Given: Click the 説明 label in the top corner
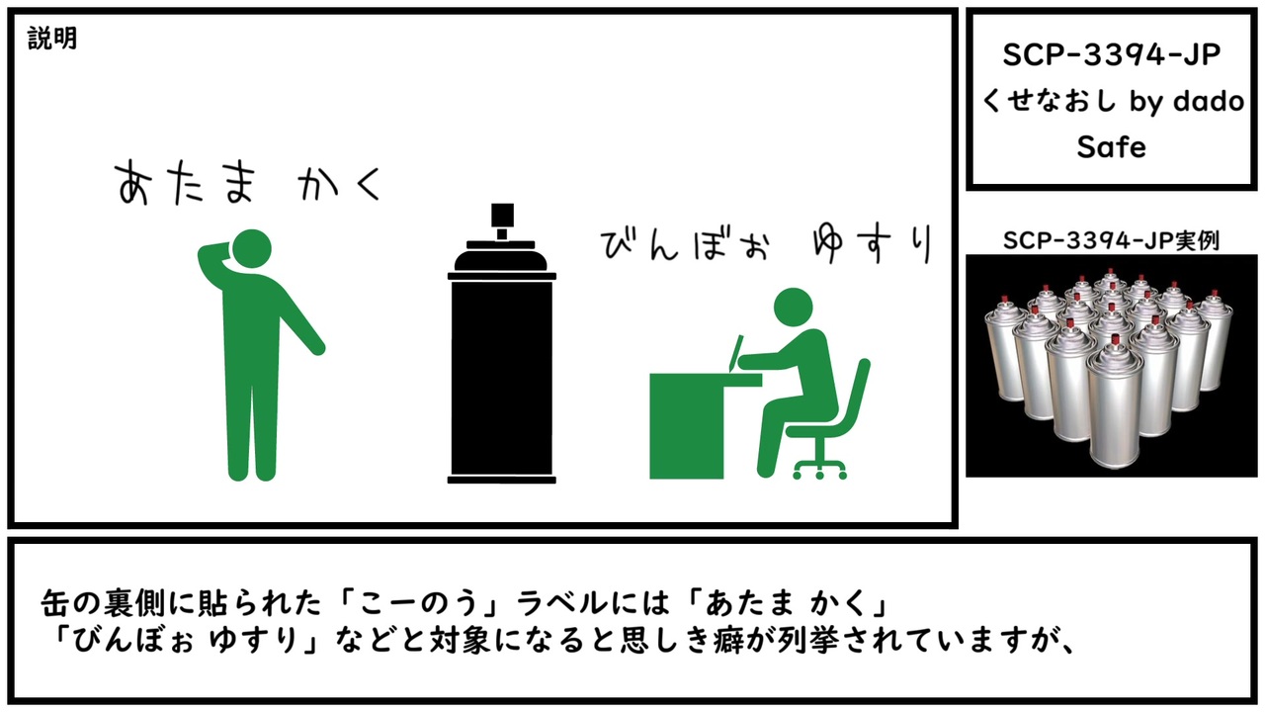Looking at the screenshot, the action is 52,39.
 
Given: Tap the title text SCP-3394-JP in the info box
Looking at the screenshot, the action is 1111,54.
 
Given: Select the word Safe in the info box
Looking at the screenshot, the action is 1111,147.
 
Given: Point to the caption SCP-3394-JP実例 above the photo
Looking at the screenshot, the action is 1111,240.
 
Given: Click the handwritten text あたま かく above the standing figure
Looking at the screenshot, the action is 249,182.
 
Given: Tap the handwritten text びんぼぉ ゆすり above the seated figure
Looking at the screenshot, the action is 766,244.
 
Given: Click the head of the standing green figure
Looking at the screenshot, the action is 252,248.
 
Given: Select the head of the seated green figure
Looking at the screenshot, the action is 793,308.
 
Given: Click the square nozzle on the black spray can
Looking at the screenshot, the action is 502,215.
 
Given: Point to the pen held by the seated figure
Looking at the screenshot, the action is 736,353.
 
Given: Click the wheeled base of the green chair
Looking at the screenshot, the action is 820,468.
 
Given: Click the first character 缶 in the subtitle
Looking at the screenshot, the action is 56,603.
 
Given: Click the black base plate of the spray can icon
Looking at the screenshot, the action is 501,480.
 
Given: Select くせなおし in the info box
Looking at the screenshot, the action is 1051,101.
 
